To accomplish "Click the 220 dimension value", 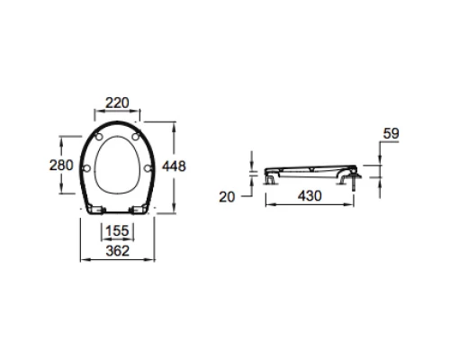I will (x=117, y=103).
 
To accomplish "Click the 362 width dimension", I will (x=117, y=251).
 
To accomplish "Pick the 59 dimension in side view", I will (x=391, y=134).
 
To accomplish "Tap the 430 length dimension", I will (x=310, y=195).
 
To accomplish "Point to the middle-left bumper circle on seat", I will (x=86, y=167).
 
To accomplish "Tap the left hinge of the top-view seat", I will (x=95, y=211).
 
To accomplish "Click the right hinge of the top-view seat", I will (x=139, y=211).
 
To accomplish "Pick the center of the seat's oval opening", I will (x=117, y=162).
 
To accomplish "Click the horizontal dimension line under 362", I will (x=117, y=261).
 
